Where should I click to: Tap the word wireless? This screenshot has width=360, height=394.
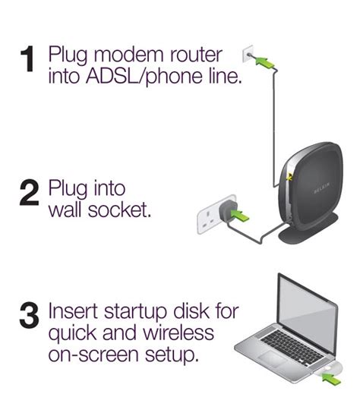click(x=178, y=333)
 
